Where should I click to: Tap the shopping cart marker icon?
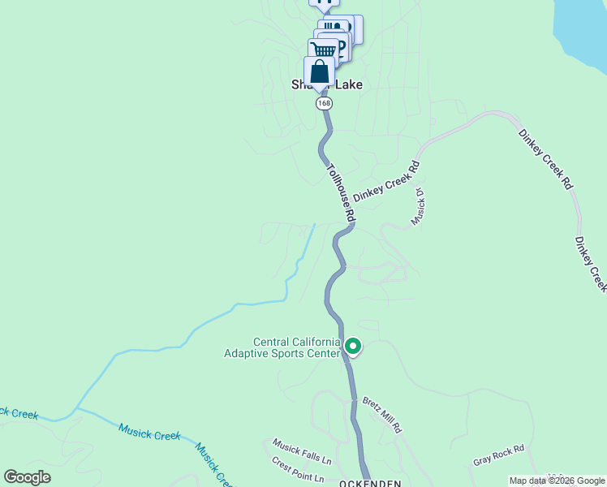[x=323, y=51]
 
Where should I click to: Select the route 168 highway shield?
[x=325, y=104]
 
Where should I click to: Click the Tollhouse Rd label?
[x=341, y=192]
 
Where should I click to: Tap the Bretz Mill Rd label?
[x=382, y=415]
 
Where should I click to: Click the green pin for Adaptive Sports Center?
[x=353, y=347]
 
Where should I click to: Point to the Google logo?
[x=27, y=477]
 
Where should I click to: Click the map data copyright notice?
[x=557, y=481]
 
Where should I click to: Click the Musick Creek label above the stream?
[x=149, y=431]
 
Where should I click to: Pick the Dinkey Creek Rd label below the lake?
[x=545, y=158]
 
